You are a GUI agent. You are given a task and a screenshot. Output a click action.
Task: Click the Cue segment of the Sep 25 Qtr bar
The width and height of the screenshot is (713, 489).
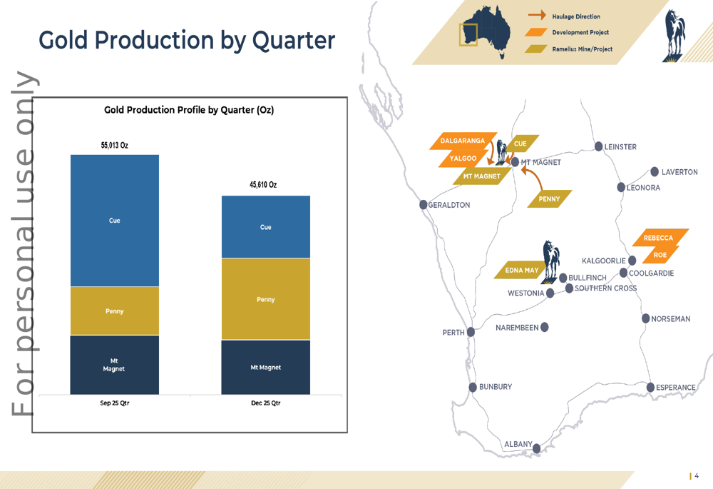point(114,221)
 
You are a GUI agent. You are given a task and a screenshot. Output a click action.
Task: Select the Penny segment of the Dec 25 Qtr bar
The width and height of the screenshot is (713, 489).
point(265,299)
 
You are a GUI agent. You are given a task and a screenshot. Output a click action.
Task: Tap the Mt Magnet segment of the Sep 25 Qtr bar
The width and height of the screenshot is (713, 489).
point(114,365)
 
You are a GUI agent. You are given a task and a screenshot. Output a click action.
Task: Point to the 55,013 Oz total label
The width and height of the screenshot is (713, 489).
point(115,145)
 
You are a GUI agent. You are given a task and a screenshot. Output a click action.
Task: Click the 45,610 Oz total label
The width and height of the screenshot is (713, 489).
point(263,185)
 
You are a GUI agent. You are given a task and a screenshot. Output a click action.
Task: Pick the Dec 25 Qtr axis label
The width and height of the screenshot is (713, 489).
point(265,403)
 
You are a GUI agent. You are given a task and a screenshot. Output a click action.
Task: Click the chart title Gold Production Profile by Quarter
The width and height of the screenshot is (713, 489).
point(189,110)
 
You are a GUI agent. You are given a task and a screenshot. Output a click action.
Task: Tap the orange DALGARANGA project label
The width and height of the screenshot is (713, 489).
point(461,141)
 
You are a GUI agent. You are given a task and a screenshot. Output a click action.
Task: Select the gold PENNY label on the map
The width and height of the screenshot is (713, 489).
point(549,199)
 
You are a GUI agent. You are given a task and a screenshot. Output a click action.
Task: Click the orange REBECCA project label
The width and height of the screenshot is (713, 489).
point(658,238)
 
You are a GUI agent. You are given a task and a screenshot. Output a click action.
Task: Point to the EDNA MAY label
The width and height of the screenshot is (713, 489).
point(521,271)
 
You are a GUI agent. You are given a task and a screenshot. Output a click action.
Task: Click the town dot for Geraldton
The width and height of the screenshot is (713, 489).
point(424,205)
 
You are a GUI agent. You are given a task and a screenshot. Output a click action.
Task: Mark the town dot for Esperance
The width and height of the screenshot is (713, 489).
point(650,387)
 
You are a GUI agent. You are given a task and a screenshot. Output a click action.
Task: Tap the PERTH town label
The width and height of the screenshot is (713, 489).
point(453,333)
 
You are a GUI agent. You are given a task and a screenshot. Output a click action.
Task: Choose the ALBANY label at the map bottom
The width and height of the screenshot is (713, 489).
point(518,444)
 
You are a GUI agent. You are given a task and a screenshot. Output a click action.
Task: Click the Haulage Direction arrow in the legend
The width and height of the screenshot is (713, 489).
point(538,16)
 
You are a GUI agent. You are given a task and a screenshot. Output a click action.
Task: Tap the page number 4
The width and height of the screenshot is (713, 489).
point(697,476)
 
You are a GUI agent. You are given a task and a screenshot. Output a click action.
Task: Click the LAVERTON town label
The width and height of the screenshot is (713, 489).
point(679,172)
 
